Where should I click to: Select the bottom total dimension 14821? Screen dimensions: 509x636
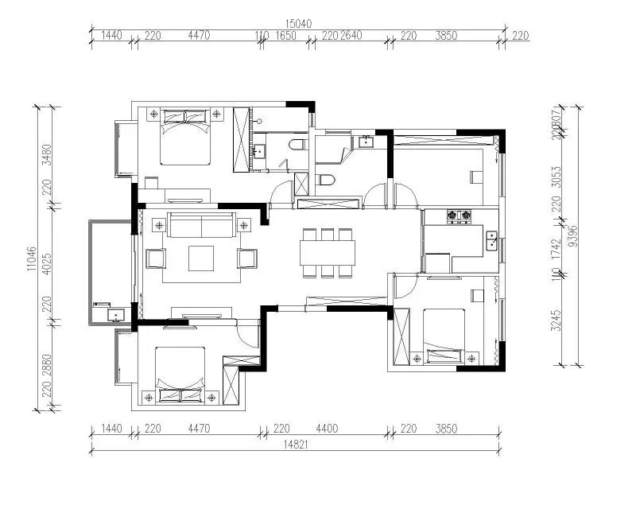click(293, 445)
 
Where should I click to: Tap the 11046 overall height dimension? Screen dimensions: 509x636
click(32, 258)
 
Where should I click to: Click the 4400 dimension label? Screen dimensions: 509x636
click(327, 429)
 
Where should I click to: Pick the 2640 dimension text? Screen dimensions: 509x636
click(352, 36)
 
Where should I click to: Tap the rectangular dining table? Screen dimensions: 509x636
click(328, 253)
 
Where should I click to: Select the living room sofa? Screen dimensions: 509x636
click(201, 226)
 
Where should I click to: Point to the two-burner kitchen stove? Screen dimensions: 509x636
click(459, 216)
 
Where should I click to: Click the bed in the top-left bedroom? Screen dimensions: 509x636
click(185, 135)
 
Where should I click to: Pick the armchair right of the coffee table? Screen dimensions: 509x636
click(247, 258)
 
